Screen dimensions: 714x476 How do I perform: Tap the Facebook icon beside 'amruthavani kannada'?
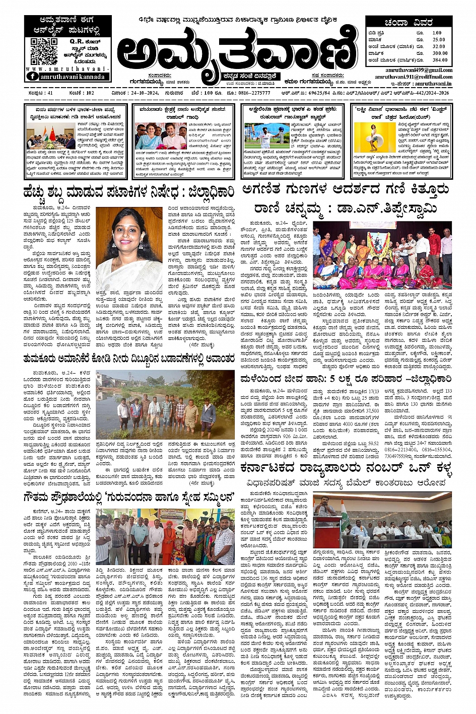click(x=32, y=76)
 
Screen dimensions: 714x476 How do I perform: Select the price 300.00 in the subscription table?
click(x=439, y=53)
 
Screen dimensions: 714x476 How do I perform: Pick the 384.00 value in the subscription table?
click(x=439, y=60)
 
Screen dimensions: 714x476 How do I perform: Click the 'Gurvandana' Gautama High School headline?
click(x=128, y=498)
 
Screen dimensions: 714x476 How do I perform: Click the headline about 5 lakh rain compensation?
click(x=346, y=379)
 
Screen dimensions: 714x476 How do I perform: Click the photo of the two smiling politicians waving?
click(x=160, y=137)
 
